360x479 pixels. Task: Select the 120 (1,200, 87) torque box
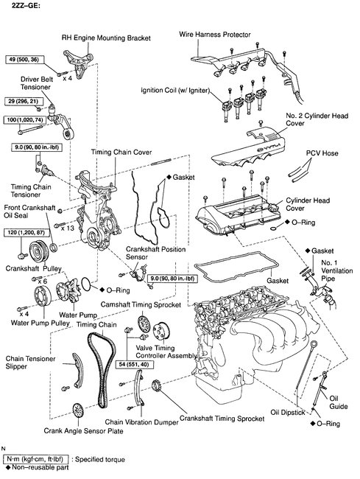[x=27, y=232]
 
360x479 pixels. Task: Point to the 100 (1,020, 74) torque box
[x=25, y=119]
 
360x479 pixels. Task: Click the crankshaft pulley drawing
[x=39, y=252]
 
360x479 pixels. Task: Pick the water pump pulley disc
[x=43, y=296]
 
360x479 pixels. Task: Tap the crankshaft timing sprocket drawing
[x=156, y=386]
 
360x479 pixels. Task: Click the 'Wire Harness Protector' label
[x=215, y=35]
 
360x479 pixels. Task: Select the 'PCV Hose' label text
[x=322, y=153]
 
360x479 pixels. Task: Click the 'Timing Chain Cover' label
[x=121, y=152]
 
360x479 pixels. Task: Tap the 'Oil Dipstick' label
[x=288, y=413]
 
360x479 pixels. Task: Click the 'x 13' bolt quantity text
[x=68, y=228]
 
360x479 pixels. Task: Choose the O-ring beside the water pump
[x=86, y=284]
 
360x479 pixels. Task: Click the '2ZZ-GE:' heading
[x=26, y=5]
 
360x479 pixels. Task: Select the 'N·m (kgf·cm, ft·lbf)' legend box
[x=35, y=459]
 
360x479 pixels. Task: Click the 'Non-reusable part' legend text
[x=40, y=467]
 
